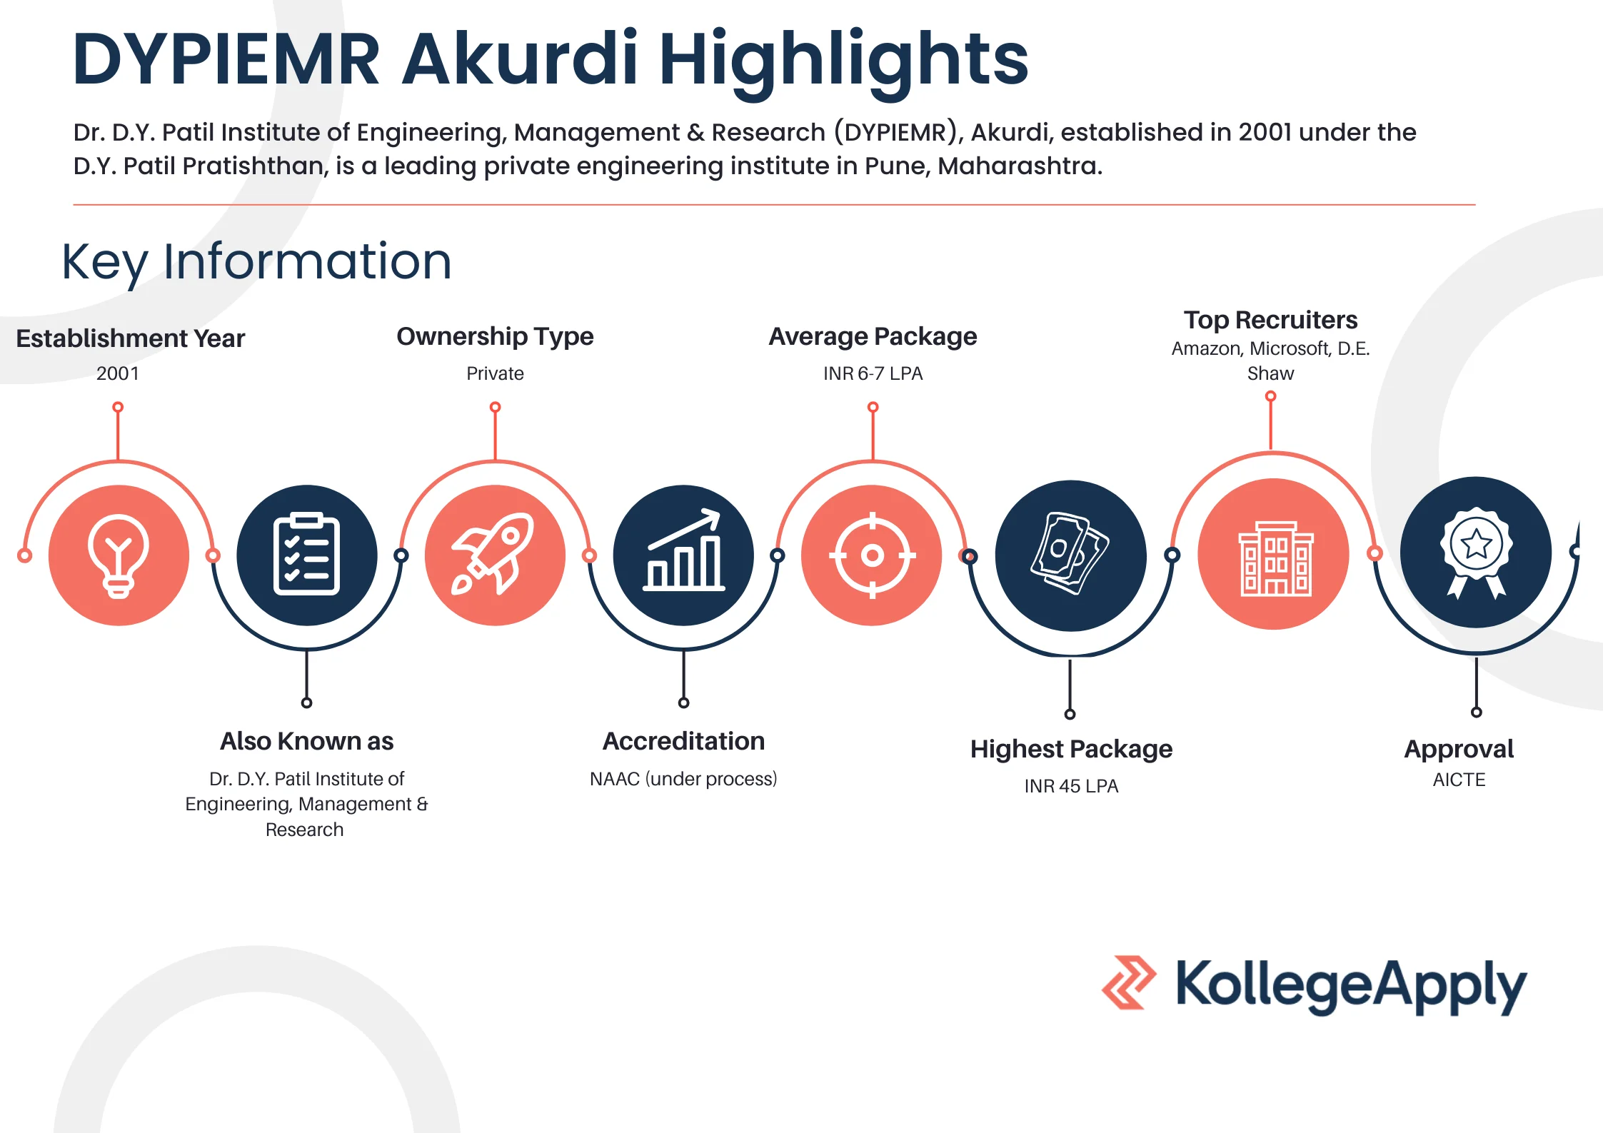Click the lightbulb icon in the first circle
[x=119, y=555]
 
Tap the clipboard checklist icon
[x=306, y=555]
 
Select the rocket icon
[x=494, y=555]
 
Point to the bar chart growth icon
[x=683, y=550]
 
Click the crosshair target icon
[x=872, y=555]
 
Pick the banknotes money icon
[x=1070, y=554]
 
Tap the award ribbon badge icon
[x=1476, y=551]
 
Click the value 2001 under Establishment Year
[x=118, y=373]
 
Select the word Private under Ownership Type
[x=495, y=373]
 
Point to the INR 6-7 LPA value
[x=873, y=373]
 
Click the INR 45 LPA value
[x=1071, y=786]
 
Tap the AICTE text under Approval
[x=1459, y=780]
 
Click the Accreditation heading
[x=683, y=741]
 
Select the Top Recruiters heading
[x=1270, y=320]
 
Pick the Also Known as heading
[x=306, y=741]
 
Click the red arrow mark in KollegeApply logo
[x=1128, y=982]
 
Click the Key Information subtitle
[x=256, y=262]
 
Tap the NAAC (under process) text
[x=683, y=779]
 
